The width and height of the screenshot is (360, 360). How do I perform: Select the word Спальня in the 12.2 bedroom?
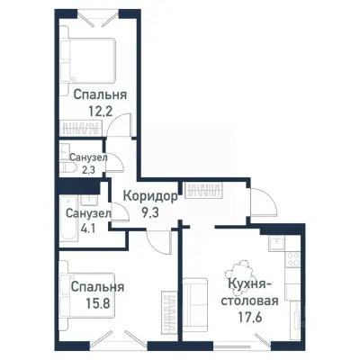tap(100, 94)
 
